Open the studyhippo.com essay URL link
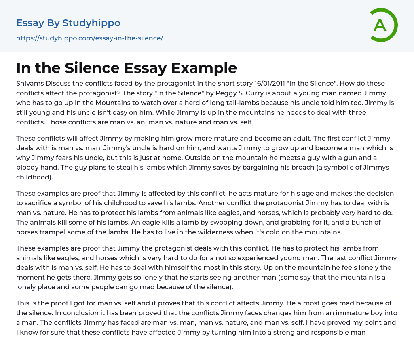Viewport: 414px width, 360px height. tap(89, 38)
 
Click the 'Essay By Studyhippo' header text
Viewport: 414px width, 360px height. tap(68, 23)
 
